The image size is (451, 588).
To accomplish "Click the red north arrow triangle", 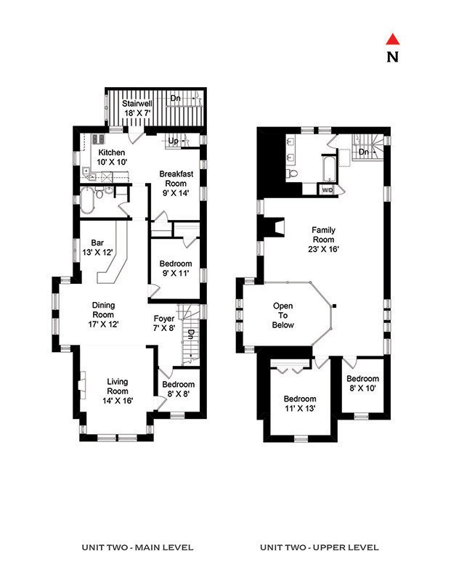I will tap(393, 39).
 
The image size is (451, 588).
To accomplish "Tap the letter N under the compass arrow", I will tap(393, 57).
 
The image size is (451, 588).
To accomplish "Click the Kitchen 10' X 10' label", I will tap(112, 158).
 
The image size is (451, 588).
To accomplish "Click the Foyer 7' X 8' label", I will tap(164, 323).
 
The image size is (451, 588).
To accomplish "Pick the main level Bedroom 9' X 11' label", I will tap(175, 268).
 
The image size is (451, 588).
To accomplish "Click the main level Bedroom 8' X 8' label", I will tap(177, 389).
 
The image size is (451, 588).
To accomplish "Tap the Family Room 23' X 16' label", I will tap(324, 240).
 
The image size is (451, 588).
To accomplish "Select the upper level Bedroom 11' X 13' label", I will tap(299, 404).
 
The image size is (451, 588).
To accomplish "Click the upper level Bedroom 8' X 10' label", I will tap(362, 383).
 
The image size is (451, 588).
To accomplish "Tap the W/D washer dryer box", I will tap(327, 190).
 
